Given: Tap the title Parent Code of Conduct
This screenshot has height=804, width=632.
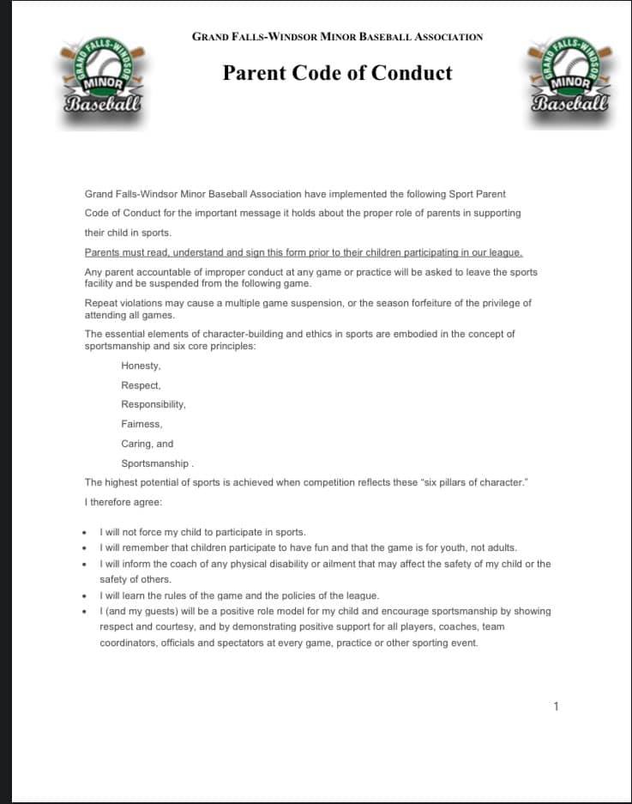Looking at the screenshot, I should pyautogui.click(x=337, y=73).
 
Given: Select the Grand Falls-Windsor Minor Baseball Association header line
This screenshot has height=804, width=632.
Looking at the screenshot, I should pyautogui.click(x=337, y=37).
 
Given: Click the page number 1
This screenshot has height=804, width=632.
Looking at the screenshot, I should pyautogui.click(x=556, y=706).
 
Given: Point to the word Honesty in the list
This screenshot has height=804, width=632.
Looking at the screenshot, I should pyautogui.click(x=141, y=366).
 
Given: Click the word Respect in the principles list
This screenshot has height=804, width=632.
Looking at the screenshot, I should pyautogui.click(x=141, y=385).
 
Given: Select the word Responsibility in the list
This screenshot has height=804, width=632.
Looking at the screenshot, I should pyautogui.click(x=153, y=404).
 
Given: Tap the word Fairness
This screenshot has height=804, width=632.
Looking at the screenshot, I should pyautogui.click(x=141, y=424).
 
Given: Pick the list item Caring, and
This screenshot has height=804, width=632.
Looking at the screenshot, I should pyautogui.click(x=147, y=444).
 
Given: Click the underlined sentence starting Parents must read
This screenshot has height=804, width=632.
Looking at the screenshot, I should pyautogui.click(x=304, y=252).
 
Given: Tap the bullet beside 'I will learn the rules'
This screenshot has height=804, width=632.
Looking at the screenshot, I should pyautogui.click(x=84, y=596).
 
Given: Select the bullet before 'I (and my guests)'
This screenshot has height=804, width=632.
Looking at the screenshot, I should pyautogui.click(x=84, y=612).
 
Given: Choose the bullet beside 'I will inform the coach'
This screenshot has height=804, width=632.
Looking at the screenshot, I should pyautogui.click(x=84, y=565).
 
